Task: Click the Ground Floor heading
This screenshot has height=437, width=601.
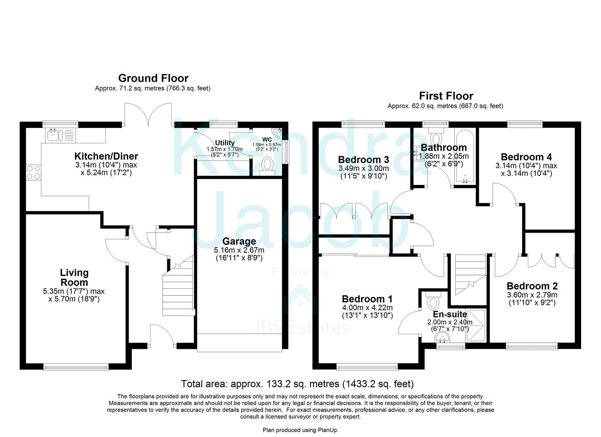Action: (153, 78)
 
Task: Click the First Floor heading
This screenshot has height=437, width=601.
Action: (446, 96)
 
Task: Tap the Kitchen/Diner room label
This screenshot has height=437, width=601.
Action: (106, 156)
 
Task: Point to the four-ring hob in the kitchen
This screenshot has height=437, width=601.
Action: (33, 173)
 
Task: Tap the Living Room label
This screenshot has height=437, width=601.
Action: (74, 278)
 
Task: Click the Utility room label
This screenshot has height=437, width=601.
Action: (225, 143)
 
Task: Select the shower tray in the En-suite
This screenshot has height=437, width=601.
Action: (476, 325)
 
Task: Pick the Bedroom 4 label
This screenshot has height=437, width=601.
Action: (526, 157)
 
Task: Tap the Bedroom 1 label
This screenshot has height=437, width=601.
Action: (367, 299)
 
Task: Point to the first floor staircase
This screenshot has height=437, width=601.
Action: (470, 275)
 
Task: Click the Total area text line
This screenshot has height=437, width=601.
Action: (297, 384)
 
